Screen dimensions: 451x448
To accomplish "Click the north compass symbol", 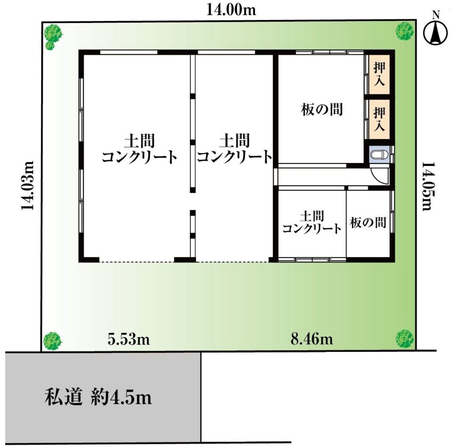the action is click(436, 29).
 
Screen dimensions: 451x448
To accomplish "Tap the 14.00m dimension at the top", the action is click(231, 10).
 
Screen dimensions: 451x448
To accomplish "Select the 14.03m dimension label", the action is click(28, 185).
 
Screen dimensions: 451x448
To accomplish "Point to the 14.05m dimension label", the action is click(428, 186).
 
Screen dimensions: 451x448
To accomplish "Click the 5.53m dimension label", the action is click(129, 339).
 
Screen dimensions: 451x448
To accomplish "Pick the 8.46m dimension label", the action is click(312, 339).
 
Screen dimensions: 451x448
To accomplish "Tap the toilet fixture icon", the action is click(379, 155).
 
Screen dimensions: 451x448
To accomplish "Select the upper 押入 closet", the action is click(379, 74).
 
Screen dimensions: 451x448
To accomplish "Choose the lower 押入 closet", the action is click(379, 119).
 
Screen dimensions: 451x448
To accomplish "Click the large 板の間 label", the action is click(322, 110).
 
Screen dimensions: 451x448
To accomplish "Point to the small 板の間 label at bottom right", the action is click(368, 222).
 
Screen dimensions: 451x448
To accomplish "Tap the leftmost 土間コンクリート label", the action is click(140, 148).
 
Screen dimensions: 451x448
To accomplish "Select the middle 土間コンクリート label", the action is click(234, 148).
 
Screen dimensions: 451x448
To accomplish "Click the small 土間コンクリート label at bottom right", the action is click(312, 222).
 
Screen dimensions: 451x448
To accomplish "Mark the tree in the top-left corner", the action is click(53, 37).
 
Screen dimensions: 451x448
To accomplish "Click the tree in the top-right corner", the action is click(405, 31).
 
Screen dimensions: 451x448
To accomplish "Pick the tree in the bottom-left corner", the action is click(52, 341).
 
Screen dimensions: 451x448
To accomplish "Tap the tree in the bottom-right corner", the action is click(405, 339).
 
